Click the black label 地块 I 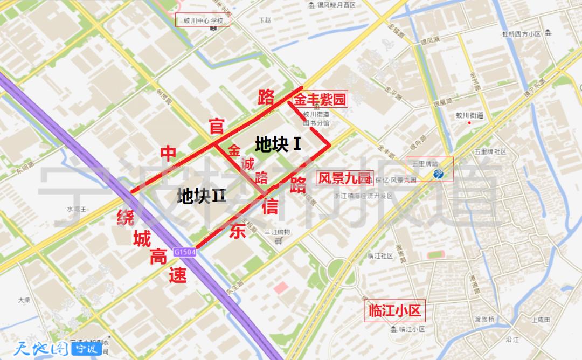pyautogui.click(x=278, y=144)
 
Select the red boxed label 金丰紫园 pyautogui.click(x=319, y=99)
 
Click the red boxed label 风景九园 pyautogui.click(x=344, y=178)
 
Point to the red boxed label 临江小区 pyautogui.click(x=394, y=311)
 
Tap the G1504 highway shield pyautogui.click(x=185, y=252)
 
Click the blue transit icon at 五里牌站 pyautogui.click(x=439, y=174)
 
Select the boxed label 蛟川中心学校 pyautogui.click(x=203, y=22)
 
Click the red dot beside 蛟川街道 pyautogui.click(x=469, y=123)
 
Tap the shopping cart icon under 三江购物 pyautogui.click(x=277, y=241)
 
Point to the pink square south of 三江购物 pyautogui.click(x=281, y=287)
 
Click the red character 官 pyautogui.click(x=217, y=127)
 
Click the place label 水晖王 pyautogui.click(x=76, y=209)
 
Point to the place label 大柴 pyautogui.click(x=23, y=300)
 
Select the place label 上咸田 pyautogui.click(x=541, y=320)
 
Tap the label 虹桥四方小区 pyautogui.click(x=521, y=34)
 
